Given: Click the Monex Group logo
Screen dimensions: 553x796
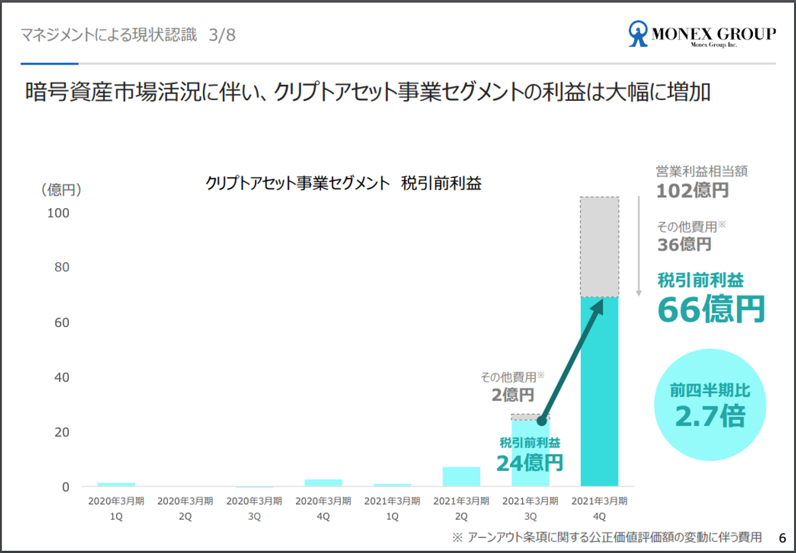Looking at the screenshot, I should tap(702, 34).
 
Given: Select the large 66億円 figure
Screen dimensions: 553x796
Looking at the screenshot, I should tap(711, 309).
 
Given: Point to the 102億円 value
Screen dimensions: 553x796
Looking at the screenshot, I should tap(693, 191).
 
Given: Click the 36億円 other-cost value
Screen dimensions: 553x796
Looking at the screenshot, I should tap(685, 244).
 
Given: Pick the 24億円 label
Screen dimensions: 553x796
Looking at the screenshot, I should tap(529, 461).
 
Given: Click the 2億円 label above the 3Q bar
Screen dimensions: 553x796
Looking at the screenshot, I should tap(513, 395).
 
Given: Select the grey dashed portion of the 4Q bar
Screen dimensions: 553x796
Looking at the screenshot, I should tap(600, 247).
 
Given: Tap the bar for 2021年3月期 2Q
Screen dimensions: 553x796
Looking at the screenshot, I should tap(461, 477).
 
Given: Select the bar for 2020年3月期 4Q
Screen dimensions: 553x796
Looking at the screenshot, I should tap(323, 483).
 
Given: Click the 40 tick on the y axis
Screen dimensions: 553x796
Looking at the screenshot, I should tap(60, 377).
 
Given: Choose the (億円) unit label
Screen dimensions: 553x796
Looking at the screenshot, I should tap(61, 190).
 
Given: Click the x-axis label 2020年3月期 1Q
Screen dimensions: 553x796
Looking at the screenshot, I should tap(116, 508).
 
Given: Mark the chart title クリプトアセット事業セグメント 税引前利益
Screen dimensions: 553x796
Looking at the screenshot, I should tap(344, 184).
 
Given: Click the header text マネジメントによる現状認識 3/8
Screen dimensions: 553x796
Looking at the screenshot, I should tap(128, 35).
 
